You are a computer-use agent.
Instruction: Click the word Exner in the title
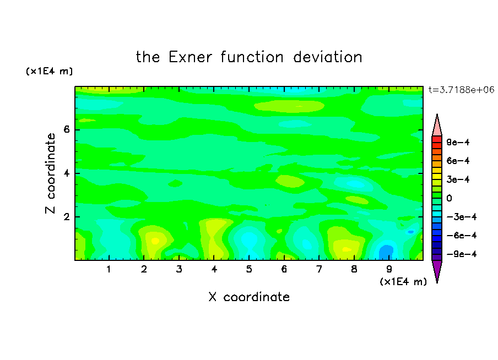tap(190, 57)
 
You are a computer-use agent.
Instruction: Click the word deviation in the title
tap(327, 57)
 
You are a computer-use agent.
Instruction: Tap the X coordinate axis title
tap(249, 297)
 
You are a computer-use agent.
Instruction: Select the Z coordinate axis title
tap(51, 173)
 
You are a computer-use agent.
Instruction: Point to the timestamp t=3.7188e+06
tap(461, 90)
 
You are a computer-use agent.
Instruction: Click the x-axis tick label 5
tap(249, 269)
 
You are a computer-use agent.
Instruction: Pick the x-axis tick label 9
tap(389, 269)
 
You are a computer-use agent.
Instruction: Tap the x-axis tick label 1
tap(109, 269)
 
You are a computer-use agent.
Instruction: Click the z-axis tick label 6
tap(66, 129)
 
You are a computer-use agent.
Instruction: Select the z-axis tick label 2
tap(66, 217)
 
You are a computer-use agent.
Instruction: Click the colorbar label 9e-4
tap(458, 142)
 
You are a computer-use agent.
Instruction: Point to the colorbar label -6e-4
tap(462, 236)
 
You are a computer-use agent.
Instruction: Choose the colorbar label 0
tap(449, 198)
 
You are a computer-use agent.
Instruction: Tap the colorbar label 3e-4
tap(458, 179)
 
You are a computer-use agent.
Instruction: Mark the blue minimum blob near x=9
tap(386, 252)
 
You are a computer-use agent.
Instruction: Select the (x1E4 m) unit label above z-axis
tap(49, 71)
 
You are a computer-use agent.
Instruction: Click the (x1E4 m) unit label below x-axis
tap(403, 282)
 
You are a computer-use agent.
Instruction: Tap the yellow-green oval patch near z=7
tap(289, 106)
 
